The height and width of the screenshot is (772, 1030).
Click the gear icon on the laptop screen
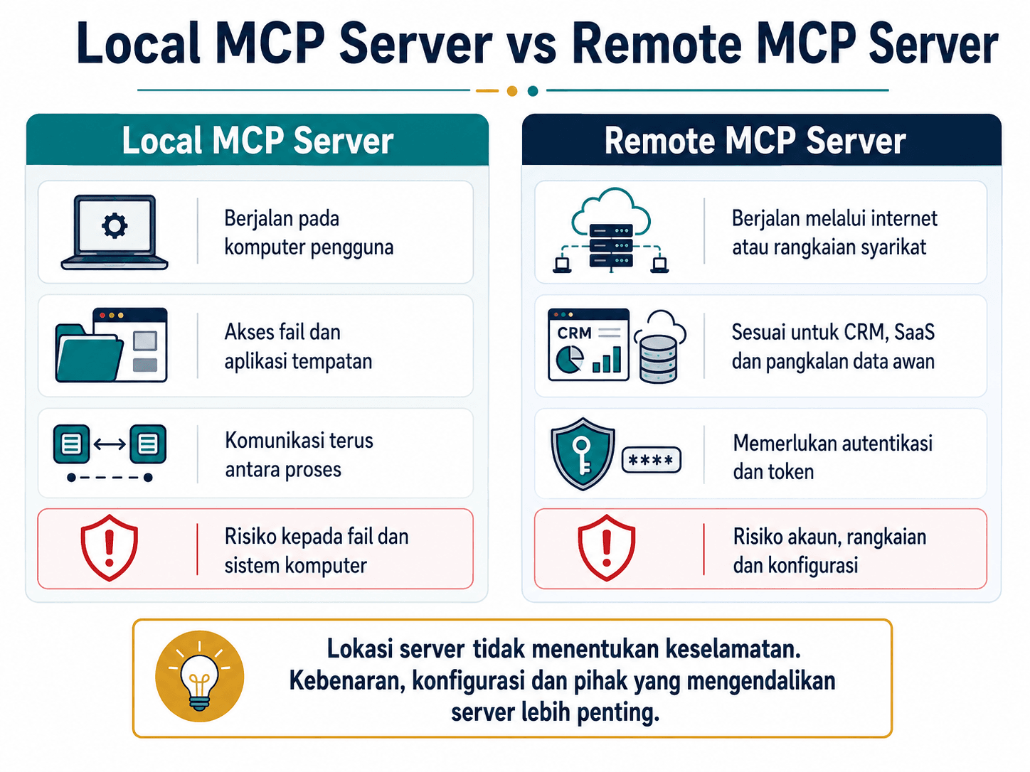[x=115, y=226]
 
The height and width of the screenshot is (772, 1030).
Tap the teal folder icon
[x=89, y=353]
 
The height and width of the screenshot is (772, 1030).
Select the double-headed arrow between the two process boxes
[x=110, y=444]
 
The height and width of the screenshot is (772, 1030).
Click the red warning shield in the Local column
[x=110, y=547]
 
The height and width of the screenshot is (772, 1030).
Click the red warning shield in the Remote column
[x=606, y=547]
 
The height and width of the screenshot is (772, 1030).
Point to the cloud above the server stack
[x=611, y=211]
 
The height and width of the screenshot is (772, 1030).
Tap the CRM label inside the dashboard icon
[x=574, y=333]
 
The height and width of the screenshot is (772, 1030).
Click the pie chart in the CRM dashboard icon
[x=570, y=360]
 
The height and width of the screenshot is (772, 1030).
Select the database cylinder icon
[x=659, y=360]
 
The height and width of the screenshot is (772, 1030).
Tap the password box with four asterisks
[x=651, y=460]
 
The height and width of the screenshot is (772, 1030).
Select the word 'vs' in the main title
[x=532, y=45]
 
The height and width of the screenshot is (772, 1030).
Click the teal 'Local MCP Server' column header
[x=257, y=139]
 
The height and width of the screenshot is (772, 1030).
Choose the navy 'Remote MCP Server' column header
[x=762, y=139]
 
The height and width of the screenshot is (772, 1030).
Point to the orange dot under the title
[x=512, y=91]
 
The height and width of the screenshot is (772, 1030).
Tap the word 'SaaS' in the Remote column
[x=914, y=333]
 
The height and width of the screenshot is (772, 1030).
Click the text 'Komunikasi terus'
[x=299, y=441]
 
